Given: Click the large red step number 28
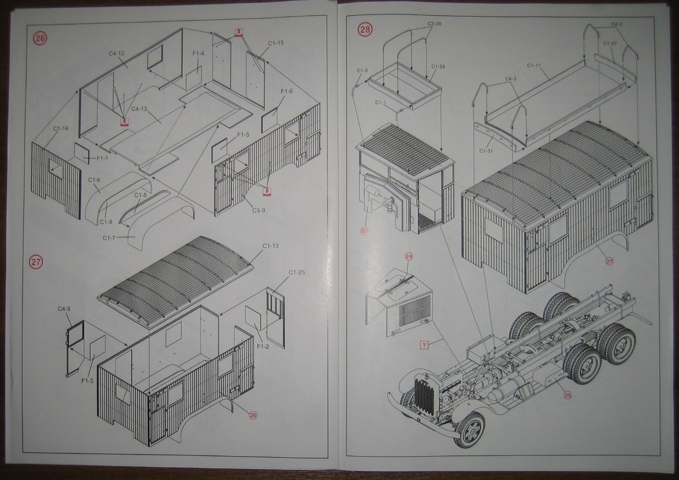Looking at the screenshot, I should click(365, 30).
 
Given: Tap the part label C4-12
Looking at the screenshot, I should click(116, 53).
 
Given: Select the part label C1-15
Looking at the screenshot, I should click(275, 43).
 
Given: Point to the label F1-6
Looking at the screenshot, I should click(287, 91).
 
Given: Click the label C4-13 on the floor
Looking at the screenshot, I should click(139, 109).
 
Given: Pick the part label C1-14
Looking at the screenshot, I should click(60, 129).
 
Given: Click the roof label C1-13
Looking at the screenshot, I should click(270, 246).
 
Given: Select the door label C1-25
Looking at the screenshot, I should click(296, 272).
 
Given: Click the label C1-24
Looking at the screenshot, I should click(438, 66).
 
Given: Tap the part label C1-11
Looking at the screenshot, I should click(534, 65).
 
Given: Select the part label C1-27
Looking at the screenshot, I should click(611, 44).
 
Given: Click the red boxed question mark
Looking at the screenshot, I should click(424, 344).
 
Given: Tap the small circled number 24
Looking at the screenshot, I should click(408, 256).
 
